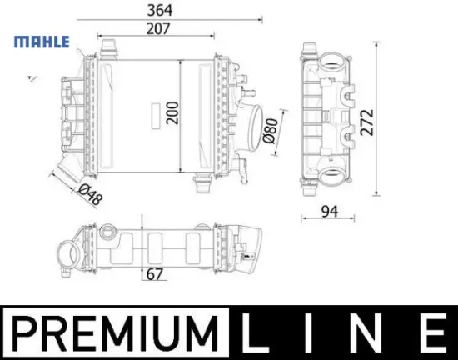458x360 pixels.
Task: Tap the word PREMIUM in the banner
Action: (115, 332)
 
